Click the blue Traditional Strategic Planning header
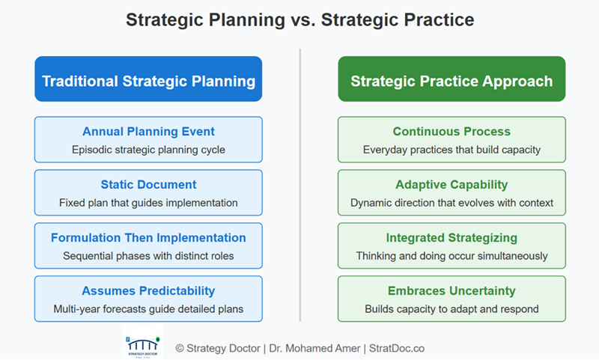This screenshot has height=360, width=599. (x=148, y=79)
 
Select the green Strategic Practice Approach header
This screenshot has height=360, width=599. (x=451, y=79)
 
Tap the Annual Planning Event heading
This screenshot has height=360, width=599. (x=148, y=132)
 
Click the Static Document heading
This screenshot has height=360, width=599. (x=148, y=185)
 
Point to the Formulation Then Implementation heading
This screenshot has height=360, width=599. (x=148, y=238)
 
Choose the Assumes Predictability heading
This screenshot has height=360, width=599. (x=148, y=291)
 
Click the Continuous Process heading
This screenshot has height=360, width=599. (x=451, y=132)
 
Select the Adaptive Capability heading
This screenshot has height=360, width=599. (x=451, y=185)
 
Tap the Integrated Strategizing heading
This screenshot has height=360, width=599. (x=451, y=238)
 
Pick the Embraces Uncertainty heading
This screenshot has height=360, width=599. (x=451, y=291)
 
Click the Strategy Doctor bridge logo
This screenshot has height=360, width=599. (x=143, y=342)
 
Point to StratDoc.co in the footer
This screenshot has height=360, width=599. (x=397, y=349)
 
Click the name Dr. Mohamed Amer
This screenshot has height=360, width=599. (x=314, y=349)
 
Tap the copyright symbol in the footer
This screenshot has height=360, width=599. (x=180, y=349)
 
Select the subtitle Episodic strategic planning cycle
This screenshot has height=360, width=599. (x=148, y=150)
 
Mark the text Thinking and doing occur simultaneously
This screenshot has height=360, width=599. (x=451, y=256)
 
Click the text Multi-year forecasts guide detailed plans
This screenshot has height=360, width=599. (x=148, y=309)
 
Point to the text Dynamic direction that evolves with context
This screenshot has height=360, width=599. (x=451, y=203)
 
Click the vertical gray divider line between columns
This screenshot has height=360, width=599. (x=300, y=185)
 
